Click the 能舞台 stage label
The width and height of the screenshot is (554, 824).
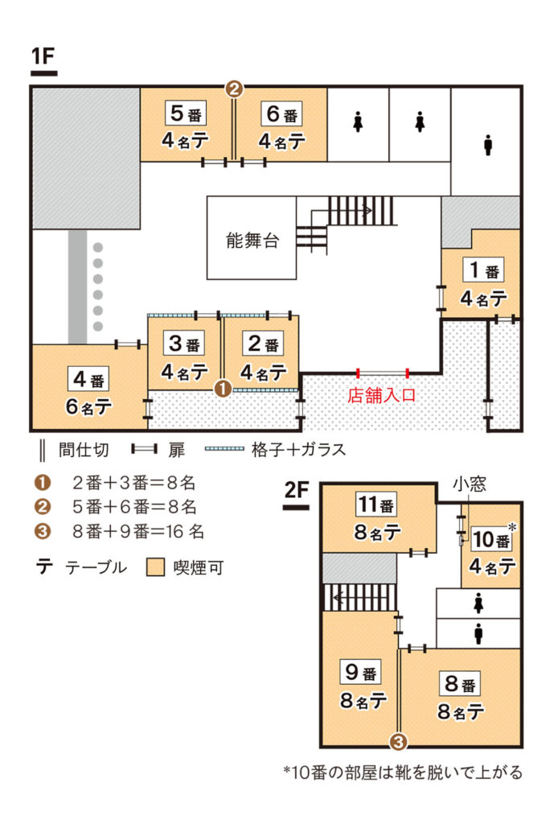(x=252, y=240)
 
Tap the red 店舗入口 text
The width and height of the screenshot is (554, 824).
(x=382, y=395)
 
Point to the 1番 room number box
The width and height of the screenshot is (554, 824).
(x=483, y=270)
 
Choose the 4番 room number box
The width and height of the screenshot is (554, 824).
(x=88, y=379)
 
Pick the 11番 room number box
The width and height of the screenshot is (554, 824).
(x=376, y=505)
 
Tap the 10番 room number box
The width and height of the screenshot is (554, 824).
(x=491, y=539)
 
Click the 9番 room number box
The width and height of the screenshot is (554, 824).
(x=361, y=672)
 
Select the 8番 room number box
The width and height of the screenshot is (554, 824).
(x=460, y=683)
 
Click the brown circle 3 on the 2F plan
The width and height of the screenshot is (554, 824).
(x=399, y=742)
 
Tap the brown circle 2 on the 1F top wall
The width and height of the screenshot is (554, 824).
(x=235, y=89)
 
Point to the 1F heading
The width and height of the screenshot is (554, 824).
(x=43, y=56)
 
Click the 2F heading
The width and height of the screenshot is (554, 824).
(x=296, y=490)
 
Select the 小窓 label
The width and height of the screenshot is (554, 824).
(x=470, y=484)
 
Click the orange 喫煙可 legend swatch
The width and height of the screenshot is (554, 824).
(x=155, y=567)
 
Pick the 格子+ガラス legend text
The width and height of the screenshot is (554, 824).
(x=299, y=450)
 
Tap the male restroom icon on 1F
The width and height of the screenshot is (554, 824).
(x=488, y=145)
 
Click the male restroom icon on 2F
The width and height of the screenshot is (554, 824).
(x=478, y=634)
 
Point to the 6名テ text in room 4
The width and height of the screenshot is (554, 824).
(x=88, y=406)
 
